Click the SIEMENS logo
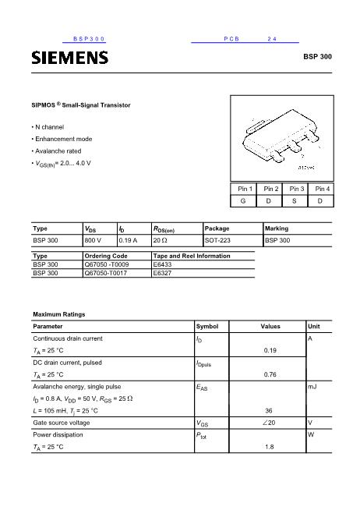[69, 57]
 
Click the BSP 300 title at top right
[317, 57]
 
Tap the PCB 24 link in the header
[245, 38]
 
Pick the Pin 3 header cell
[296, 189]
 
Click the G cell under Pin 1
[245, 202]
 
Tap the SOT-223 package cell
[217, 241]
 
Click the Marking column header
[277, 228]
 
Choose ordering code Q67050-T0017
[106, 274]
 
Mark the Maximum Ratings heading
[58, 313]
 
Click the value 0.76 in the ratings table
[270, 374]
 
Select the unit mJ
[312, 386]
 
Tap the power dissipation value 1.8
[270, 447]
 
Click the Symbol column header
[207, 326]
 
